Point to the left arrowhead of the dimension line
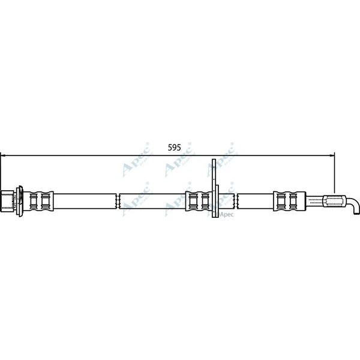(x=3, y=156)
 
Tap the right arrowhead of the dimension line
(x=332, y=156)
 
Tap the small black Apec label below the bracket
(x=226, y=214)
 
